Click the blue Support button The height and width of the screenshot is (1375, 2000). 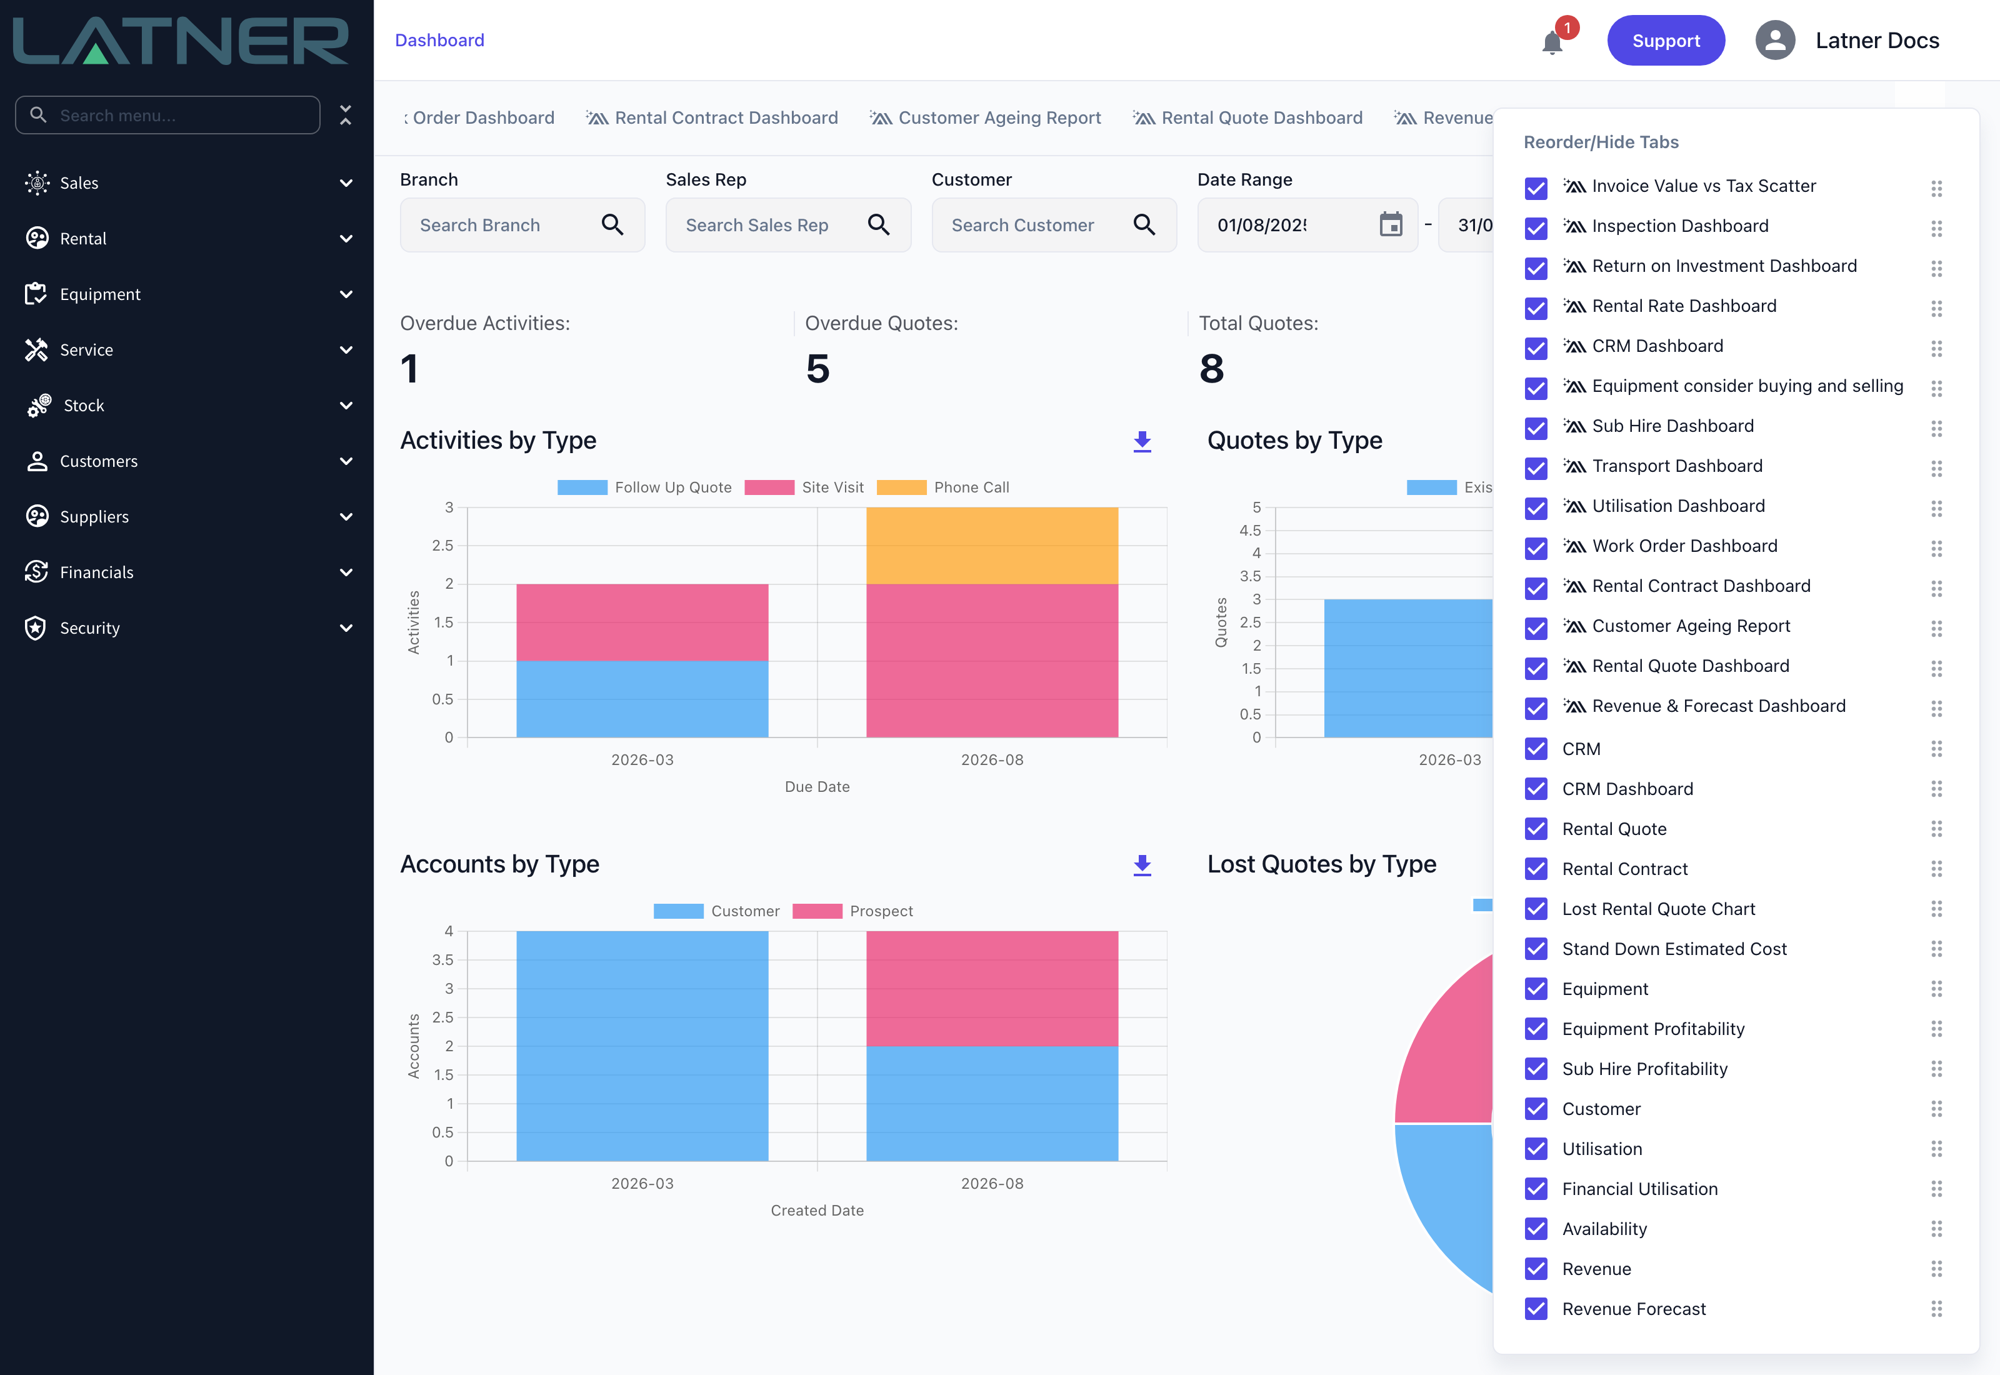(x=1665, y=41)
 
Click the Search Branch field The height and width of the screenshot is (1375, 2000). (x=522, y=225)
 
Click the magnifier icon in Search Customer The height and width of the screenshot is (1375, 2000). (x=1144, y=225)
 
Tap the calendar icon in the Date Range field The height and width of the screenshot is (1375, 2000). (x=1391, y=225)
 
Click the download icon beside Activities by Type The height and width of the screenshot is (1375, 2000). (x=1142, y=442)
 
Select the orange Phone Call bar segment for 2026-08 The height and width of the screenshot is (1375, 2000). (x=992, y=546)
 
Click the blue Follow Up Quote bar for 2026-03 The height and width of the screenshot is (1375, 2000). (x=642, y=699)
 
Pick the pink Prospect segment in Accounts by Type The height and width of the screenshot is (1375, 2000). (x=992, y=988)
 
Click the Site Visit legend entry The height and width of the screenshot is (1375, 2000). (x=804, y=487)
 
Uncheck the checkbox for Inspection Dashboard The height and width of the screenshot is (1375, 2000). (x=1536, y=227)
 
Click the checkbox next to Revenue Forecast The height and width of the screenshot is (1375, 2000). (x=1536, y=1309)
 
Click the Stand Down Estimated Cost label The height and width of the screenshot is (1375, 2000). (x=1674, y=949)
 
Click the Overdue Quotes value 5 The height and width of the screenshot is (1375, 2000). (x=817, y=369)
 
